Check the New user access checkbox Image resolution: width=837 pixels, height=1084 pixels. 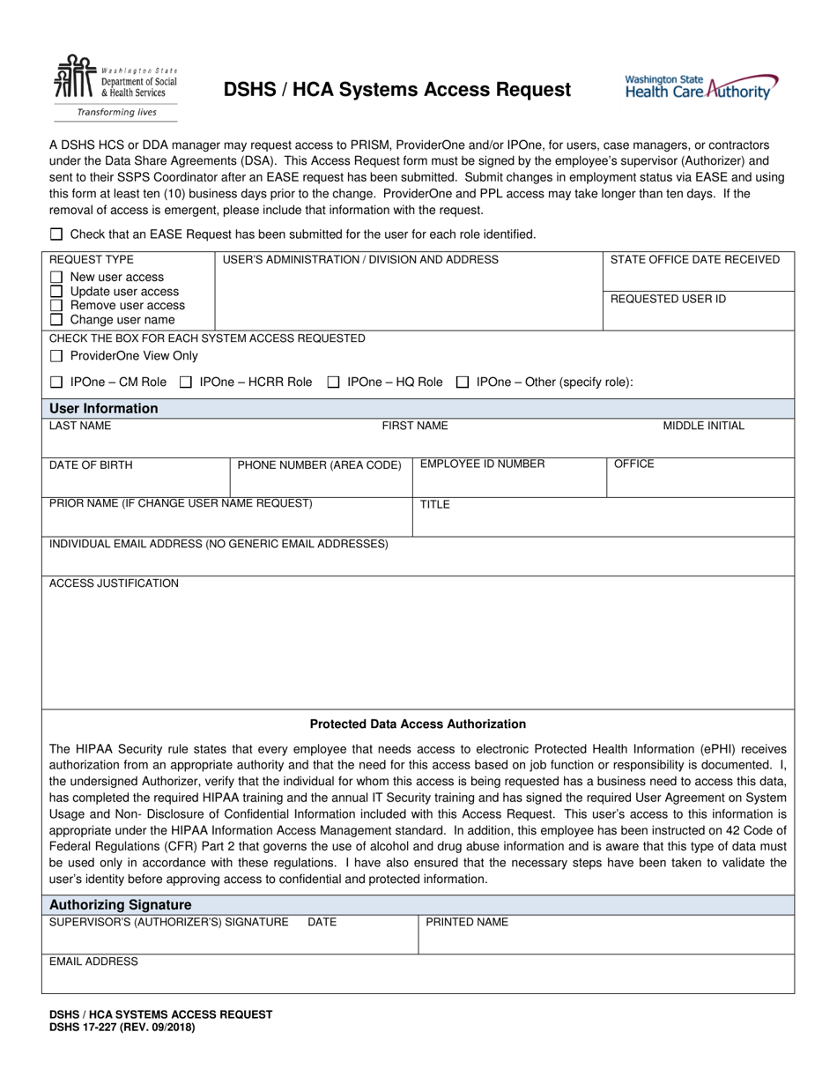tap(56, 278)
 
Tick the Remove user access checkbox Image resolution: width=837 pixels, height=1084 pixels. tap(56, 306)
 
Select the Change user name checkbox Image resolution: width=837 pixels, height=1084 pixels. tap(56, 320)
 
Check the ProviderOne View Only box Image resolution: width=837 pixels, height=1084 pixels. tap(56, 356)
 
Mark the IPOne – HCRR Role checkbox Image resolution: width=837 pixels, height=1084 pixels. tap(186, 382)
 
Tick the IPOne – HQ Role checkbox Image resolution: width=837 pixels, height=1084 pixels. tap(334, 382)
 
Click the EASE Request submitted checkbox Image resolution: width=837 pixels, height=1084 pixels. tap(56, 234)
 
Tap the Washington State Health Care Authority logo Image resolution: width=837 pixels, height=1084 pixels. tap(701, 87)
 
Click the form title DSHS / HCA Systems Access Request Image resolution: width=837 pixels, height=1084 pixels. tap(396, 89)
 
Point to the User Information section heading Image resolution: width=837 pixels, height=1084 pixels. tap(104, 409)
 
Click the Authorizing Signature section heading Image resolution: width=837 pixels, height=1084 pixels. tap(120, 905)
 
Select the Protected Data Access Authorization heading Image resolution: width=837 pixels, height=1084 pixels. tap(418, 724)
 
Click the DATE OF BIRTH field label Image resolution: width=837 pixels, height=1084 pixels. tap(91, 465)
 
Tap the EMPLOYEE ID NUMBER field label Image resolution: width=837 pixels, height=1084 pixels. tap(482, 464)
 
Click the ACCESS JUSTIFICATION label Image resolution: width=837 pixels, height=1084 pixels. tap(114, 583)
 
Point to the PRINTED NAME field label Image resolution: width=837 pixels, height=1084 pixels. tap(467, 923)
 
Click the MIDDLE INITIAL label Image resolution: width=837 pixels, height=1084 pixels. tap(703, 426)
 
